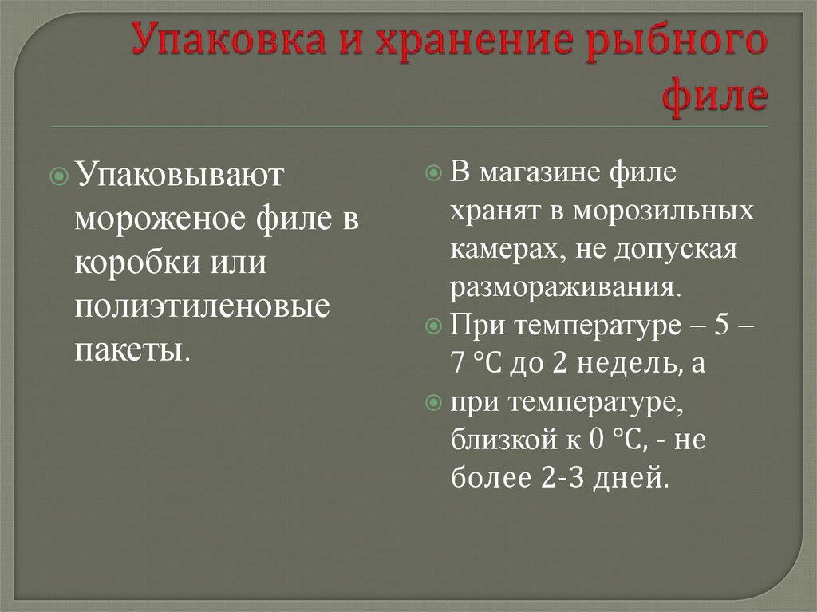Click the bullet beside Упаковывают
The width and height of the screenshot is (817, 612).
pos(59,176)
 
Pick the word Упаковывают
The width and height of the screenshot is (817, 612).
pos(180,174)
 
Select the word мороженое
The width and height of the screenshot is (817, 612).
pos(161,219)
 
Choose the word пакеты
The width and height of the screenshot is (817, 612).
pos(129,349)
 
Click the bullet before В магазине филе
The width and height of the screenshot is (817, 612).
pos(433,172)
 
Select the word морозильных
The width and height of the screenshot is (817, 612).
pos(663,211)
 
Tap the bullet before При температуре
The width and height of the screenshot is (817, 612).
pos(433,326)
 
